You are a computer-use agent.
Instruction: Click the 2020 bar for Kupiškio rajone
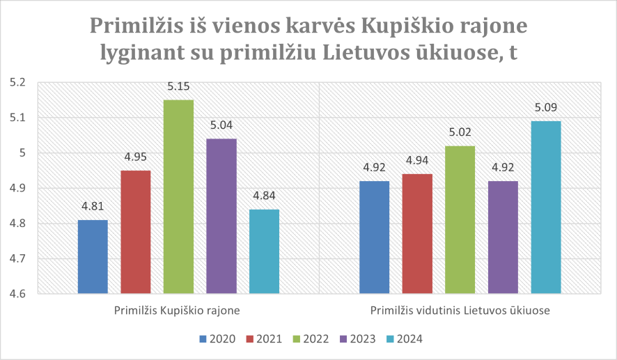pos(93,257)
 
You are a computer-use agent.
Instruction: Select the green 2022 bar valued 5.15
pos(178,197)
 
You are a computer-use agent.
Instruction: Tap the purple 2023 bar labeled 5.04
pos(221,217)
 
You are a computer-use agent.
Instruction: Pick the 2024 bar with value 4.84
pos(264,251)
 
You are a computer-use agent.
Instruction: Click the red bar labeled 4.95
pos(136,232)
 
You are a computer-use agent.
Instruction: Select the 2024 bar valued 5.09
pos(545,208)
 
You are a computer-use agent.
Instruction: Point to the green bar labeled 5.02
pos(460,220)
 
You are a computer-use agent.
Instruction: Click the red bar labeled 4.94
pos(416,234)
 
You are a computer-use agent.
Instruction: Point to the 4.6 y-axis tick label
pos(17,294)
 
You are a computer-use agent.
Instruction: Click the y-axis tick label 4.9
pos(17,189)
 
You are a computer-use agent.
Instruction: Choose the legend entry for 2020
pos(217,339)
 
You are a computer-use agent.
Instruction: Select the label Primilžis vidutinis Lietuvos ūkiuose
pos(460,311)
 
